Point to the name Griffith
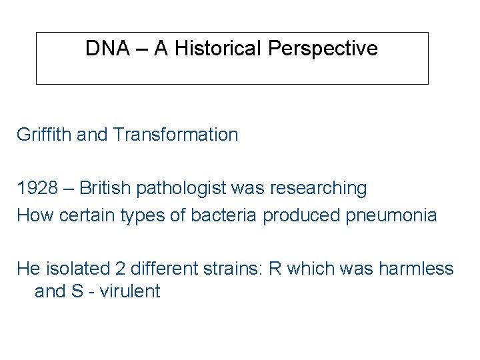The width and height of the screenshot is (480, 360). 44,135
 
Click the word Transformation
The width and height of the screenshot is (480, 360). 175,135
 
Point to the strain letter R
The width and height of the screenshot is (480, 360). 274,269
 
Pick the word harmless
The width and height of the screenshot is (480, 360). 416,269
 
